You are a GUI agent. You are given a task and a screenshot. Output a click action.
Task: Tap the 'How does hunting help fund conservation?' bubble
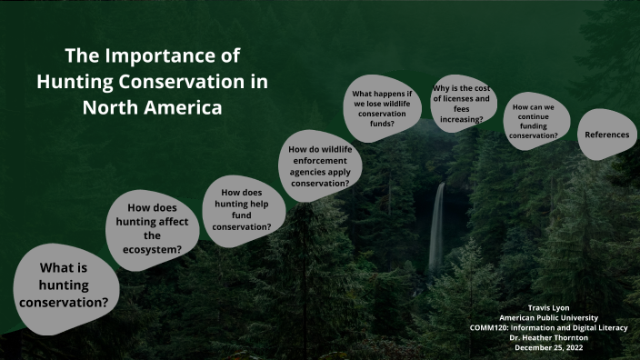tap(242, 209)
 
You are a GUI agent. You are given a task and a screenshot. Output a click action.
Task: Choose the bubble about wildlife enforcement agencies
tap(319, 165)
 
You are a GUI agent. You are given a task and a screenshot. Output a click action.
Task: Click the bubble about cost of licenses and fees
tap(464, 102)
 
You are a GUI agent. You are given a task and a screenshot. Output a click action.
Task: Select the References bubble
tap(606, 135)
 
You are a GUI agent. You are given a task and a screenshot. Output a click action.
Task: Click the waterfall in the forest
tap(437, 227)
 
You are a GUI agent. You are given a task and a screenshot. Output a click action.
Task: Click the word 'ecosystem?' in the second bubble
tap(152, 248)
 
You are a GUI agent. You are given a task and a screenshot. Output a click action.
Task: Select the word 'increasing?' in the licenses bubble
tap(464, 119)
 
